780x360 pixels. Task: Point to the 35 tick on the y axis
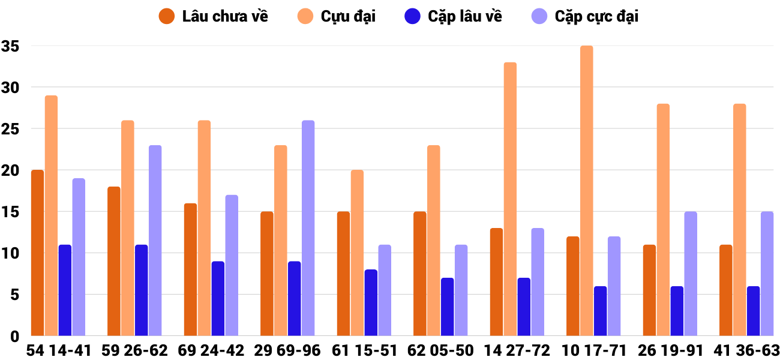click(x=10, y=46)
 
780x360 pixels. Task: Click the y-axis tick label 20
click(x=10, y=170)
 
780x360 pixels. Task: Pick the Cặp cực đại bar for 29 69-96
click(x=308, y=228)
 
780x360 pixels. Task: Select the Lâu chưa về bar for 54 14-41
click(x=37, y=253)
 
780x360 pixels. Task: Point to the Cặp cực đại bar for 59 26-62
click(x=155, y=240)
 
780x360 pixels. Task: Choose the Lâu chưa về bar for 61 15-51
click(x=343, y=274)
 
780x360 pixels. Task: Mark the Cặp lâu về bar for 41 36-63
click(x=753, y=311)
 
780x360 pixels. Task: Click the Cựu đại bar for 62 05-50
click(x=433, y=240)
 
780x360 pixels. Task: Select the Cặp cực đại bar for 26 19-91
click(x=690, y=274)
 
